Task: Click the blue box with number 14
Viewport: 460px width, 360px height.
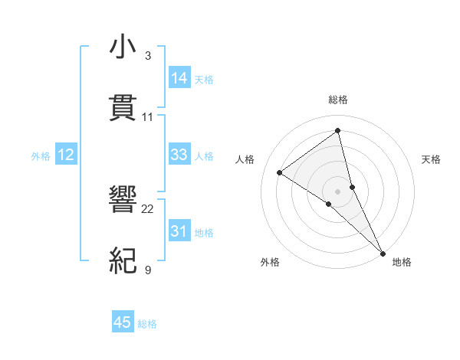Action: pos(179,78)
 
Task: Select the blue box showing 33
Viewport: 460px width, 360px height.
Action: pos(179,155)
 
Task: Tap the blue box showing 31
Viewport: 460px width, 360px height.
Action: pos(179,231)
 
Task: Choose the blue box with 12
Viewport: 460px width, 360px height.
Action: pos(66,155)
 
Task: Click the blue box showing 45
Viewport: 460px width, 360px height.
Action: pos(123,322)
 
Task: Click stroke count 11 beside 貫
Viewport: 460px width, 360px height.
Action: pos(148,117)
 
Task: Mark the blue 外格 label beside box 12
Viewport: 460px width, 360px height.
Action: pos(41,156)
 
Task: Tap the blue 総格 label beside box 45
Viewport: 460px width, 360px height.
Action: pos(147,324)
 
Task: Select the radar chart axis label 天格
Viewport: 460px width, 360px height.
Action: pos(431,159)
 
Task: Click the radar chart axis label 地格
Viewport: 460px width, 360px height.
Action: pos(402,262)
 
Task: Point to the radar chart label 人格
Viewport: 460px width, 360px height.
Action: pos(245,159)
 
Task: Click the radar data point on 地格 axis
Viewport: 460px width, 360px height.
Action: pos(383,252)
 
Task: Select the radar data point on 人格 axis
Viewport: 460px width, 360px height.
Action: pos(280,172)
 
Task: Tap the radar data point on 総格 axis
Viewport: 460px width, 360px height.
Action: pos(338,131)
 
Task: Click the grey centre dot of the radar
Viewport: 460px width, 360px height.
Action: pos(338,191)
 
